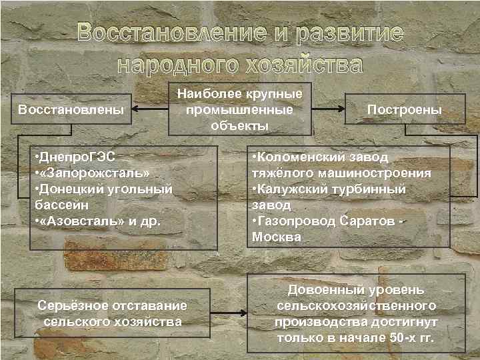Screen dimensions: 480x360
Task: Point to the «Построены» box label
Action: pos(400,109)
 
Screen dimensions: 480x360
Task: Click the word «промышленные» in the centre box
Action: pos(240,109)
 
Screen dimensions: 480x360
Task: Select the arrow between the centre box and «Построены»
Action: pos(328,108)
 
